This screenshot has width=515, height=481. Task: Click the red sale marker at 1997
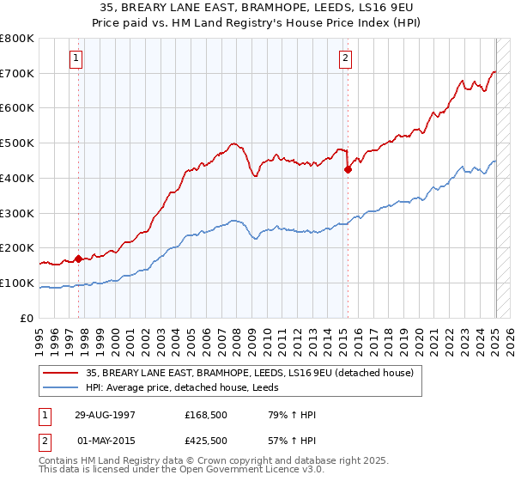[78, 258]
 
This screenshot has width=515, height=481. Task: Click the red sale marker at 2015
[348, 169]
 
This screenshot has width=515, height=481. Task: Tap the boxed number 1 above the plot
[76, 58]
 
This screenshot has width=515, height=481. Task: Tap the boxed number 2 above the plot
[345, 58]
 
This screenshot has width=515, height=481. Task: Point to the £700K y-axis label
[17, 73]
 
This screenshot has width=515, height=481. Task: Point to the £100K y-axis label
[17, 283]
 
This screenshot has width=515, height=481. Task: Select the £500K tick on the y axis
[17, 143]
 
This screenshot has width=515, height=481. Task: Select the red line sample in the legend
[60, 372]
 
